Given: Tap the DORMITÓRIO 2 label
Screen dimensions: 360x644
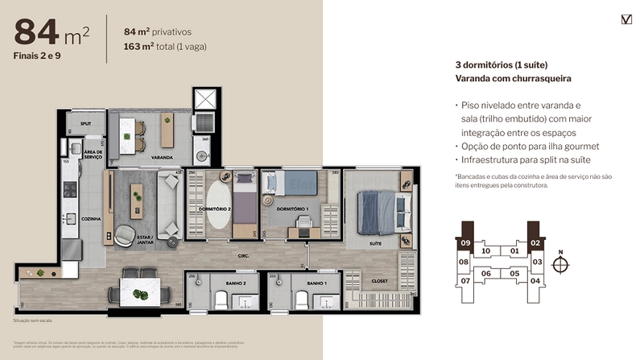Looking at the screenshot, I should pos(213,209).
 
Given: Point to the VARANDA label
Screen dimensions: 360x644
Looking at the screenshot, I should pos(162,157).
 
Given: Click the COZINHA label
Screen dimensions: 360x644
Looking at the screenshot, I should pos(89,217).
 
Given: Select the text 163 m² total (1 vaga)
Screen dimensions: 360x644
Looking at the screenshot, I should pos(165,47).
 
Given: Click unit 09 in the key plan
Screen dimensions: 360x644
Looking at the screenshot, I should pos(464,242).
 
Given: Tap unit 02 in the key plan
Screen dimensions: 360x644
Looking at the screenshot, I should pos(535,242).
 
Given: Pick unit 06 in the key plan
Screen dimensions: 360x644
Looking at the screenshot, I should pos(486,273).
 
